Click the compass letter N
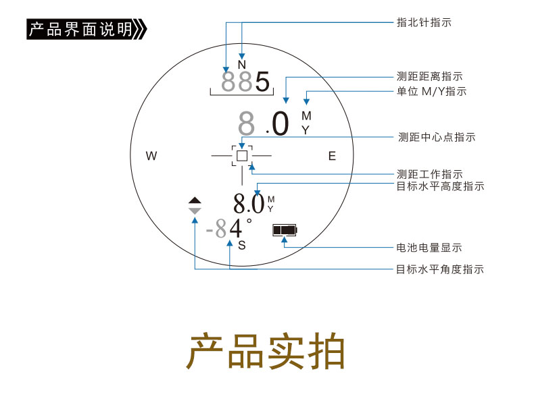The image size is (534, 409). pos(242,65)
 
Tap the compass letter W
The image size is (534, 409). pos(151,156)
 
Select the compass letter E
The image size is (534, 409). pos(332,156)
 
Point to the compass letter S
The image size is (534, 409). pos(242,245)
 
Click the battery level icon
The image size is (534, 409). pos(285,230)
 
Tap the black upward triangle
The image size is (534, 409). pos(195,200)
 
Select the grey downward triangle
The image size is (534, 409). pos(195,211)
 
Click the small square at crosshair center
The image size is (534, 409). pos(242,156)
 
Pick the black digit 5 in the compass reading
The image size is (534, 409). pos(262,82)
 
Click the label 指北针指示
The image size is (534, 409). pos(424,22)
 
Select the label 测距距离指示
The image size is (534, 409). pos(429,76)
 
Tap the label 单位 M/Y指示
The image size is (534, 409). pos(431,92)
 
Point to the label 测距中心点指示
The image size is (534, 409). pos(437,138)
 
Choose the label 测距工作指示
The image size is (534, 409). pos(429,174)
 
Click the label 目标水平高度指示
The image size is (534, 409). pos(440,186)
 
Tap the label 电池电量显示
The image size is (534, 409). pos(429,248)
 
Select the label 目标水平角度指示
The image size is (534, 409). pos(440,269)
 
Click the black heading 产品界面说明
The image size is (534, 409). pos(80,29)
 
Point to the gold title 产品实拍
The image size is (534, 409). pos(266,351)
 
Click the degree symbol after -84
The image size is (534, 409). pos(249,221)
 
